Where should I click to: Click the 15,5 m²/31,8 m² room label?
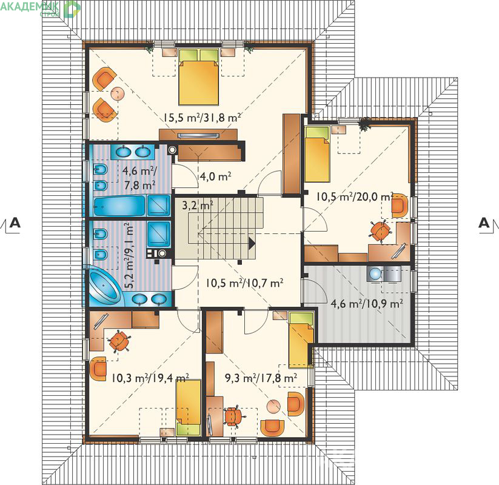point(202,118)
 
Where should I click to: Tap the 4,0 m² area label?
point(215,176)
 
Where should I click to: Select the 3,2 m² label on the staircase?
point(198,206)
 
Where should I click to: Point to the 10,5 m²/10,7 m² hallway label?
point(244,283)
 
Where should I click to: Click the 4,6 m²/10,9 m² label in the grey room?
point(367,303)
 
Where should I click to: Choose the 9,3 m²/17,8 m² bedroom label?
point(261,378)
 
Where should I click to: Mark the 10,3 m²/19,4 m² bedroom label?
point(150,378)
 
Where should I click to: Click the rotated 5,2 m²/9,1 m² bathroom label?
point(129,256)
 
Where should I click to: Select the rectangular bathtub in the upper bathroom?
point(119,206)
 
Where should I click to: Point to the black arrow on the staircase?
point(252,243)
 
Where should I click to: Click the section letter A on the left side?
point(15,222)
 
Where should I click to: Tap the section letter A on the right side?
point(484,222)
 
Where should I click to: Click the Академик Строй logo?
point(41,8)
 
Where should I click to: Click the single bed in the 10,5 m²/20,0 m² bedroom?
point(317,154)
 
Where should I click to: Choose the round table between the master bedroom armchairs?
point(117,93)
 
